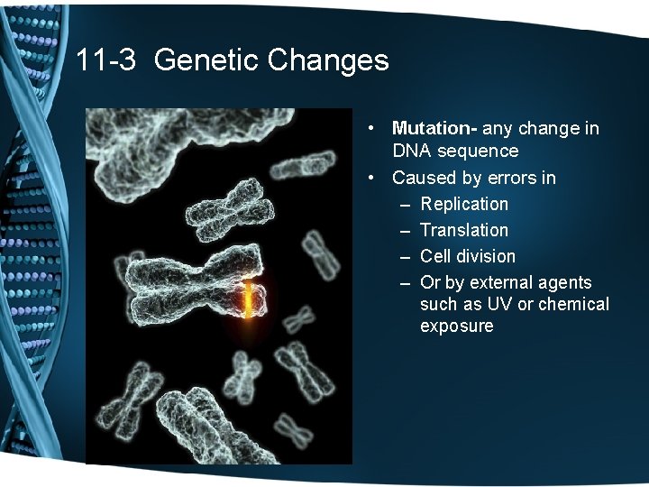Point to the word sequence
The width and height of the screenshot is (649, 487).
pos(478,152)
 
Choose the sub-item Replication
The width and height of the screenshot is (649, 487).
pos(464,204)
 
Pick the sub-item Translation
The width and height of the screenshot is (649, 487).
pos(464,230)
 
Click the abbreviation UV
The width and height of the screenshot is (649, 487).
pos(505,305)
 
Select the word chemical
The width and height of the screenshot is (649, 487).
pos(573,305)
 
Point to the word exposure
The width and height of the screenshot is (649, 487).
pos(456,326)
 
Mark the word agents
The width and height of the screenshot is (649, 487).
pos(564,282)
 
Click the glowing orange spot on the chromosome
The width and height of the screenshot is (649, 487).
pos(246,301)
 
